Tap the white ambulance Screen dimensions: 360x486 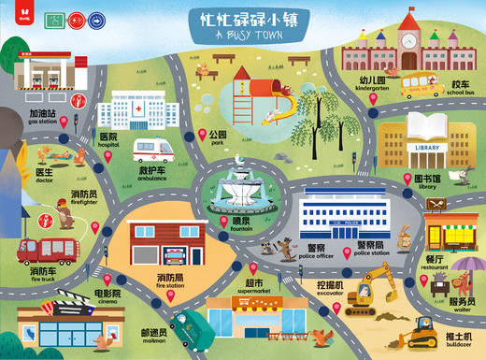[154, 150]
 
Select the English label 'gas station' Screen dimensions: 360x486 [43, 122]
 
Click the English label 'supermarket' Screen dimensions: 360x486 [252, 289]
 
